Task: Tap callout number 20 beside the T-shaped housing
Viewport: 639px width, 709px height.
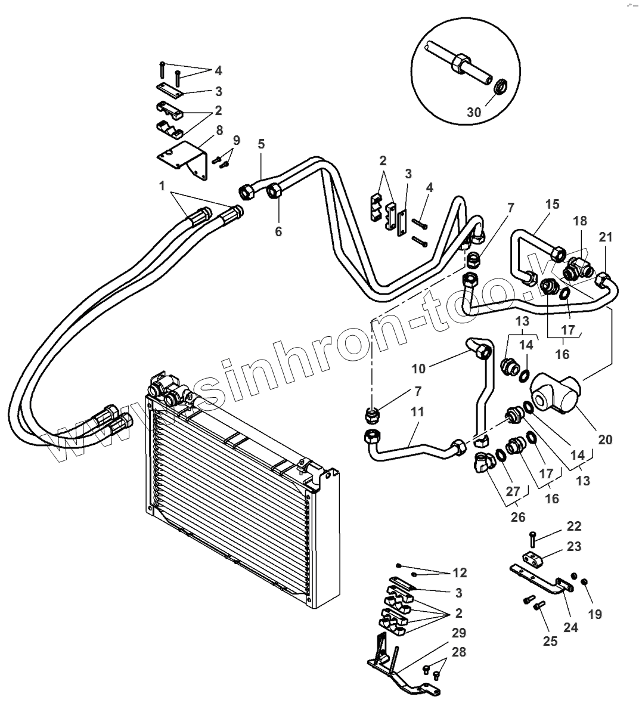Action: pyautogui.click(x=605, y=440)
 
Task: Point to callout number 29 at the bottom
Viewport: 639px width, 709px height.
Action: pyautogui.click(x=458, y=633)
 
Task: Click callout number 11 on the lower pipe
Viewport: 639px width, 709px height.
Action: pyautogui.click(x=417, y=411)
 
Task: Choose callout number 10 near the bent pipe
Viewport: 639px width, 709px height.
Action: pyautogui.click(x=418, y=368)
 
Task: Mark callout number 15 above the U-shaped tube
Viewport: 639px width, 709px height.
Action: pyautogui.click(x=552, y=204)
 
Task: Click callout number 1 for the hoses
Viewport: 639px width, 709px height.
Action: pyautogui.click(x=161, y=185)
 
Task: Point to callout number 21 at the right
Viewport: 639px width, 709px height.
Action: pyautogui.click(x=606, y=237)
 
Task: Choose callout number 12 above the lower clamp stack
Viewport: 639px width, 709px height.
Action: pyautogui.click(x=459, y=573)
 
